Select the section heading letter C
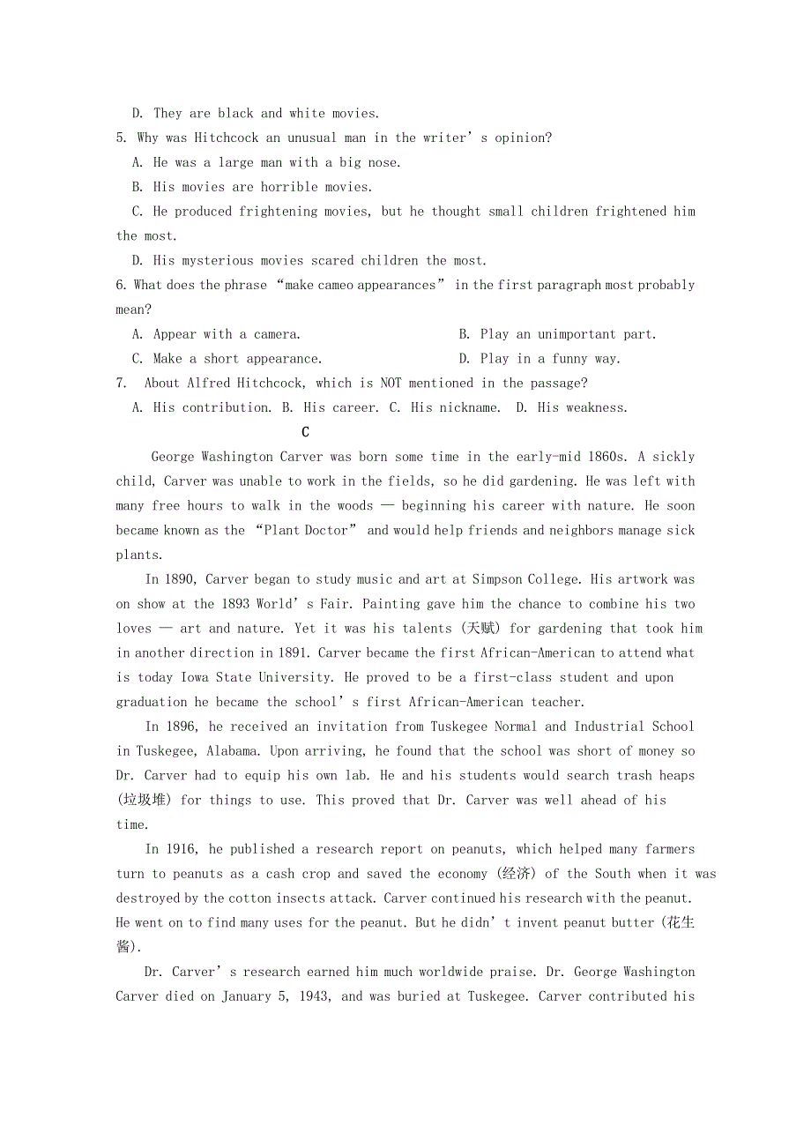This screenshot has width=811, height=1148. (305, 432)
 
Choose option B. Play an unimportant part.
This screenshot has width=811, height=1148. (557, 335)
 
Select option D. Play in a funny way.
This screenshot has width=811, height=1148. (539, 359)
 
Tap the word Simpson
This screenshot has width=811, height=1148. (500, 580)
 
